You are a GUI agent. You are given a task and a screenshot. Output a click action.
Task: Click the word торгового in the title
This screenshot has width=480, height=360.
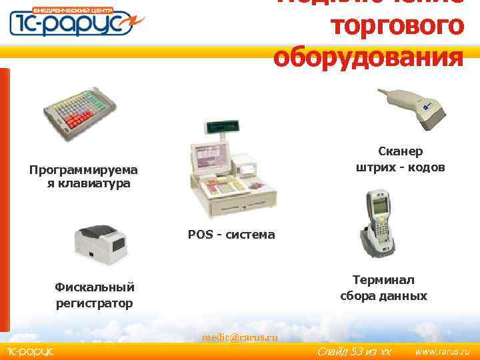(x=397, y=27)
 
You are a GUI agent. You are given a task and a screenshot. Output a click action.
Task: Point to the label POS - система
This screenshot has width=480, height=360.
(x=231, y=235)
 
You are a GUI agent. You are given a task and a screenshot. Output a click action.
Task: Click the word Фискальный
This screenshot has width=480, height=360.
(x=95, y=287)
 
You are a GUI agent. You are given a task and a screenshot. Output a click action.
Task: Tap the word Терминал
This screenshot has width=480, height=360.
(x=383, y=280)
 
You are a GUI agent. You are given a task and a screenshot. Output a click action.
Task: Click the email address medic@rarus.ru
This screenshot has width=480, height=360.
(x=240, y=337)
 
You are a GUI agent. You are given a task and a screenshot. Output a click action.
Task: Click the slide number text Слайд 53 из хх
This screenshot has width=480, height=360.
(x=353, y=351)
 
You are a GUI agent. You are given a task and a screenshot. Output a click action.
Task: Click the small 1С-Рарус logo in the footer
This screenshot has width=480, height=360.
(x=29, y=351)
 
